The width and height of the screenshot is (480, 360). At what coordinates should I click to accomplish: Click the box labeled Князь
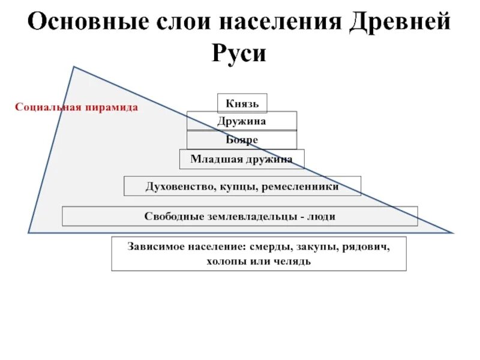point(242,103)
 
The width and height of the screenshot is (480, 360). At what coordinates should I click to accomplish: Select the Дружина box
point(241,121)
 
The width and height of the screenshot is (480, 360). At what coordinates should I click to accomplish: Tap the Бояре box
point(241,140)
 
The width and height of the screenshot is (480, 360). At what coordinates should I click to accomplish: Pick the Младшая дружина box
point(241,159)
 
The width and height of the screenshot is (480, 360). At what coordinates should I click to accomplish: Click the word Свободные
point(173,216)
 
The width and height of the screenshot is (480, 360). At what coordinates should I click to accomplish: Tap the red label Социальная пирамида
point(76,107)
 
